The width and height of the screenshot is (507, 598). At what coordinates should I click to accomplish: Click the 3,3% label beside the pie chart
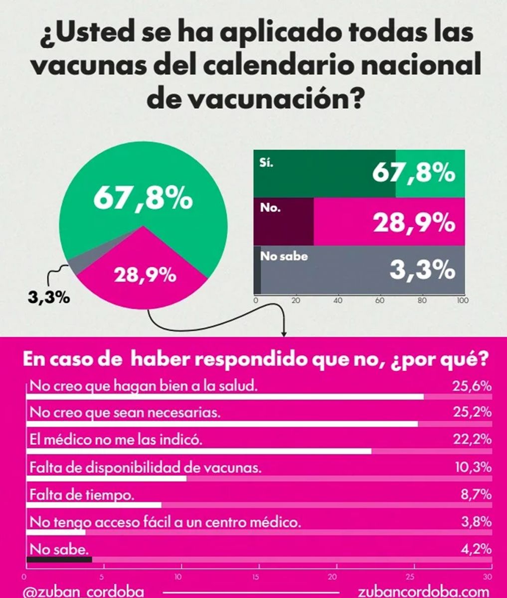pos(48,299)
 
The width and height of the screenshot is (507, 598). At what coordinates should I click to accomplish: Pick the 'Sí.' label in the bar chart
pos(267,163)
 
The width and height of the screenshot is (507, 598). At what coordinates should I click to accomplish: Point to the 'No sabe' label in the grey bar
pos(284,257)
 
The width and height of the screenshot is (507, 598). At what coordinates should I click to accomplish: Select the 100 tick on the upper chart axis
pos(462,300)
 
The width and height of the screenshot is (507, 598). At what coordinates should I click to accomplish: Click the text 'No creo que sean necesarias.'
pos(125,413)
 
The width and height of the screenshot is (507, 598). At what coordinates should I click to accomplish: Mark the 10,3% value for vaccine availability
pos(473,467)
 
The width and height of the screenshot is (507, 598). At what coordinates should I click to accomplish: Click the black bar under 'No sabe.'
pos(59,560)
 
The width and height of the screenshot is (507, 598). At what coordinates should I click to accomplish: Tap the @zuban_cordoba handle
pos(83,592)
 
